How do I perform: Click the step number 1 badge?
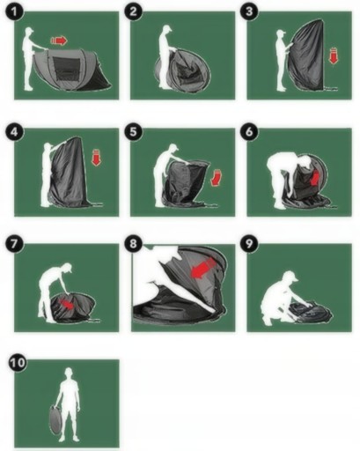coord(14,12)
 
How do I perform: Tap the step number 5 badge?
coord(133,131)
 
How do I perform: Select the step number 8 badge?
coord(133,243)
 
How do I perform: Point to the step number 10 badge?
coord(18,363)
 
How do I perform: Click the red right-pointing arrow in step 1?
coord(59,41)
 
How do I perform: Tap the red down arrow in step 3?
coord(333,56)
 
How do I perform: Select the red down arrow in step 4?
coord(96,158)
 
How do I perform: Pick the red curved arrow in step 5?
coord(217,177)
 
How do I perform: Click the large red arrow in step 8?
coord(203,268)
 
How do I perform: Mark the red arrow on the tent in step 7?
coord(67,305)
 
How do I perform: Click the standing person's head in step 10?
coord(69,373)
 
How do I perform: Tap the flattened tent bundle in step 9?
coord(310,314)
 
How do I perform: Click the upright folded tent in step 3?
coord(305,55)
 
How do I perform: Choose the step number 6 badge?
coord(249,131)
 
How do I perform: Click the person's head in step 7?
coord(67,268)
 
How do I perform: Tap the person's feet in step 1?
coord(29,87)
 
